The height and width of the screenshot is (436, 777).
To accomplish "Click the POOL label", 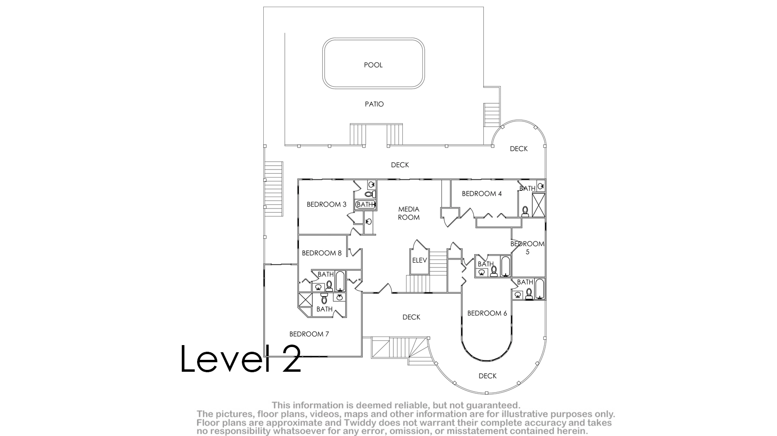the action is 373,65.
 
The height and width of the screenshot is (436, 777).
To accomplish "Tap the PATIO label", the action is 374,104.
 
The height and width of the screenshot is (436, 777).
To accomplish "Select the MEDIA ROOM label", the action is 408,213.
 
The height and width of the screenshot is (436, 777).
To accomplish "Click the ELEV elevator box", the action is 419,260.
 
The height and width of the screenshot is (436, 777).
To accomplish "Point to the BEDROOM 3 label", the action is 327,205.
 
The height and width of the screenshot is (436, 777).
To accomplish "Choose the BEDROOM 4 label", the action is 482,194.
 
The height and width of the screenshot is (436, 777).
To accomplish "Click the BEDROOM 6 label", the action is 487,314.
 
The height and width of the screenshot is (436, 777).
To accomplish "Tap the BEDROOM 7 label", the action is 309,334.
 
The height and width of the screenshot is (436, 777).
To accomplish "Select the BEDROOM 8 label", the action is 321,253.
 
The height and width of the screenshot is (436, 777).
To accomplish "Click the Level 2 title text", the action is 240,358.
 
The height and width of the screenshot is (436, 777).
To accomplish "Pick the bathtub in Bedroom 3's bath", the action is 365,205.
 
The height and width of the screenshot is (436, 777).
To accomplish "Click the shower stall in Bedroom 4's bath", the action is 538,205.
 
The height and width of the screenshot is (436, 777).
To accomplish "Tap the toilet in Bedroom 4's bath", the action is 525,212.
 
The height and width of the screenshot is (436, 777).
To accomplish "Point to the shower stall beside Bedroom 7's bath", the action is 305,300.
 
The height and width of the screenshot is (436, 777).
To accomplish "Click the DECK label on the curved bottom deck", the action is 488,376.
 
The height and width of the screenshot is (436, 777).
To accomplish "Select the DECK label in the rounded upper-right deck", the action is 518,149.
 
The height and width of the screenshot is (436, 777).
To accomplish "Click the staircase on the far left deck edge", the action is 273,188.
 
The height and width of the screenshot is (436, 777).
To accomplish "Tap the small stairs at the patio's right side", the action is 492,115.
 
